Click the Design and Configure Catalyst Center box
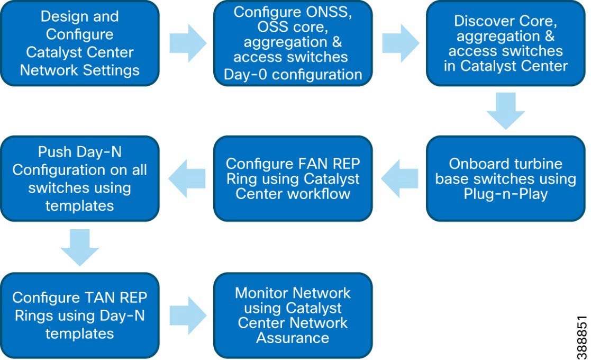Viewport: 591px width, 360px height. [x=80, y=43]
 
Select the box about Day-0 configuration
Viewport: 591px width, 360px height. [x=293, y=43]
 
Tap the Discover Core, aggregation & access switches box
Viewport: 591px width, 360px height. [x=505, y=43]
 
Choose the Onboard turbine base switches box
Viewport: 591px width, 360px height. [x=505, y=178]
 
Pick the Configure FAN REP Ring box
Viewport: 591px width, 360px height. [x=293, y=178]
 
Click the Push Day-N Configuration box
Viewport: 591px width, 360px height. [x=80, y=178]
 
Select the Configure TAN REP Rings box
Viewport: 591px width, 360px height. [x=80, y=316]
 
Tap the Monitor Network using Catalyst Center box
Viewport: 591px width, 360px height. [x=293, y=316]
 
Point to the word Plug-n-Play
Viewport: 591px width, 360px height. [x=505, y=194]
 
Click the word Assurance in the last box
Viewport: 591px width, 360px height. [x=293, y=338]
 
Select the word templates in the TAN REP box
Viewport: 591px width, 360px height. [x=80, y=333]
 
